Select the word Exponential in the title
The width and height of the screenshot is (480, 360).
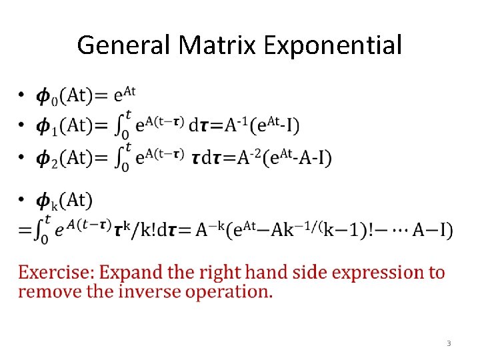pyautogui.click(x=333, y=45)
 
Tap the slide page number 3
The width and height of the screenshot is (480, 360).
pyautogui.click(x=449, y=343)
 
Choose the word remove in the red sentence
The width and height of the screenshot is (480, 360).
pyautogui.click(x=44, y=291)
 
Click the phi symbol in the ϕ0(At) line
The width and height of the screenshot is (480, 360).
pyautogui.click(x=43, y=97)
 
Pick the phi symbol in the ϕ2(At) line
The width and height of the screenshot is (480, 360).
pyautogui.click(x=43, y=158)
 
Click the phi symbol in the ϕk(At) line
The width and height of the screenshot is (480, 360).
pyautogui.click(x=43, y=201)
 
